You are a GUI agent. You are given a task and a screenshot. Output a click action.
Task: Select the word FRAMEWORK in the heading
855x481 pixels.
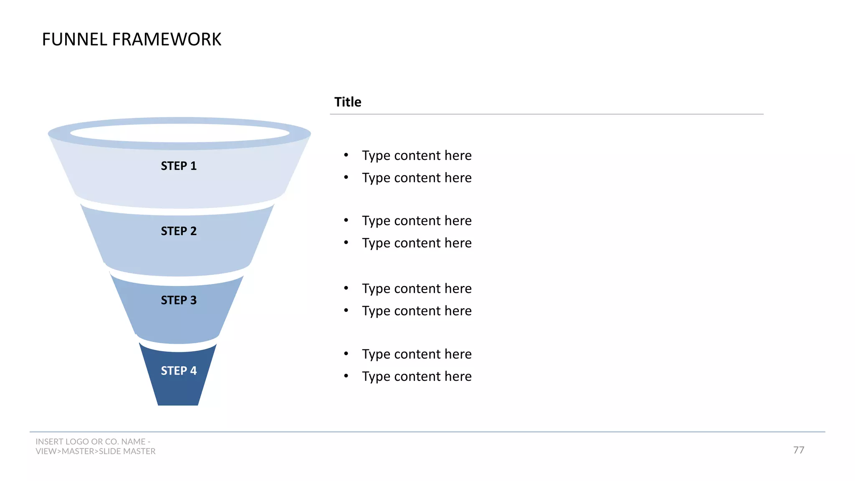167,40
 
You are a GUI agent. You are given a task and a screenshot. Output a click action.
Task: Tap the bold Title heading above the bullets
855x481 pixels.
348,102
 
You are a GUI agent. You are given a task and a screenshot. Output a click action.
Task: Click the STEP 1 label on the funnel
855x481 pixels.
179,166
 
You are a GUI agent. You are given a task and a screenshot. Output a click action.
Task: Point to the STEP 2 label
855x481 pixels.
179,231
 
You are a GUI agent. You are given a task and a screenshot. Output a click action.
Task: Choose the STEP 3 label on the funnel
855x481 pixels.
179,300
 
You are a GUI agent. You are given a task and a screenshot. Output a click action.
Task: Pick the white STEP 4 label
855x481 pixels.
179,371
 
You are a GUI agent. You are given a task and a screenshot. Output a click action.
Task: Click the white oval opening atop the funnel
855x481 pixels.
180,133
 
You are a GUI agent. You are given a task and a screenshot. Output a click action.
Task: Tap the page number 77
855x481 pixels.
799,450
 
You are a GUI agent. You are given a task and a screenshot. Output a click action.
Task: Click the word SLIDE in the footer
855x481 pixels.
110,451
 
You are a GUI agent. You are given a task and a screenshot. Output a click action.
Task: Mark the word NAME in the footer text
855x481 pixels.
133,442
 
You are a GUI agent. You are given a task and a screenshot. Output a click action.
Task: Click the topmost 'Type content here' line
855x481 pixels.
417,156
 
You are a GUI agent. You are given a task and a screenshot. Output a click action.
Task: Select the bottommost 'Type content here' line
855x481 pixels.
417,377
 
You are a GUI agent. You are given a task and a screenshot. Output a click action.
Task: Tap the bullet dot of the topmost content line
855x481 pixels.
346,155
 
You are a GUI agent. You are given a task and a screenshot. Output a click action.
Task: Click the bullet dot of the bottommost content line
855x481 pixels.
346,376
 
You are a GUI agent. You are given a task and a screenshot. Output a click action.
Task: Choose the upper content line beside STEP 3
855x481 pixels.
417,289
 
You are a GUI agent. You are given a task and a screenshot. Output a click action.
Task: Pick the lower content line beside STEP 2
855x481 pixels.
417,243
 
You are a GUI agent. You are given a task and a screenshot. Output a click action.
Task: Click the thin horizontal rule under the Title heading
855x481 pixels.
546,114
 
